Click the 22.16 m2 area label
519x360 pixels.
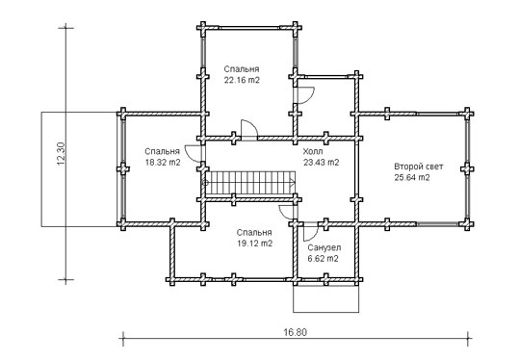click(242, 80)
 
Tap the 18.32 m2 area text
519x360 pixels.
click(163, 163)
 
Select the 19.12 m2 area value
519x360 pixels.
click(255, 244)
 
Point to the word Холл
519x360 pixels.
click(313, 151)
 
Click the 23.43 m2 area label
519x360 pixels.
click(322, 163)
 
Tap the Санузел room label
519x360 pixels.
click(324, 247)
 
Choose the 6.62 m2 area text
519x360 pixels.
click(324, 259)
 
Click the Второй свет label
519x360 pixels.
click(418, 167)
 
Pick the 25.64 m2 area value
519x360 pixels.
click(412, 178)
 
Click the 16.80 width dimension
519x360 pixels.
click(296, 332)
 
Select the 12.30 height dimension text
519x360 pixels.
click(62, 154)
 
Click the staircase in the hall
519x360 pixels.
click(250, 184)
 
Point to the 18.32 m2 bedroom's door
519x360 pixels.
click(193, 154)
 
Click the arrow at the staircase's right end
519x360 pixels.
click(292, 182)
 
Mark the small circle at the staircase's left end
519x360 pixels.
click(204, 182)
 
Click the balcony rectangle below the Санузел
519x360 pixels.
click(326, 298)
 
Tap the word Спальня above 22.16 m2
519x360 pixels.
click(242, 69)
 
